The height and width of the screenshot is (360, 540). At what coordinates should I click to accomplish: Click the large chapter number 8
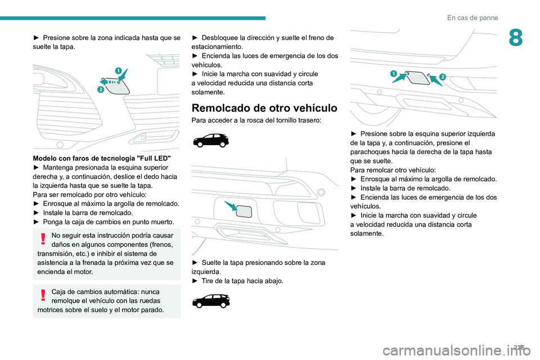pyautogui.click(x=516, y=39)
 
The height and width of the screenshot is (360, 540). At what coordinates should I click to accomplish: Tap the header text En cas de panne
pyautogui.click(x=472, y=17)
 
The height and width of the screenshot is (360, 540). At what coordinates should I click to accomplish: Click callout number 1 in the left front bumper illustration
pyautogui.click(x=118, y=70)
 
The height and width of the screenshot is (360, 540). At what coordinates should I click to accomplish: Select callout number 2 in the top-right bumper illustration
pyautogui.click(x=442, y=76)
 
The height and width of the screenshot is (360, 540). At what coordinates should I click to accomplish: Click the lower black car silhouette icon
pyautogui.click(x=210, y=301)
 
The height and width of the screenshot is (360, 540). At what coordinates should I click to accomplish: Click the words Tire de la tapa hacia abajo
pyautogui.click(x=243, y=281)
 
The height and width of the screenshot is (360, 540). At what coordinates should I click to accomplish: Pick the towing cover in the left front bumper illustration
pyautogui.click(x=119, y=86)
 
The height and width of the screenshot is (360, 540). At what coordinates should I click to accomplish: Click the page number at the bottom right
pyautogui.click(x=527, y=348)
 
